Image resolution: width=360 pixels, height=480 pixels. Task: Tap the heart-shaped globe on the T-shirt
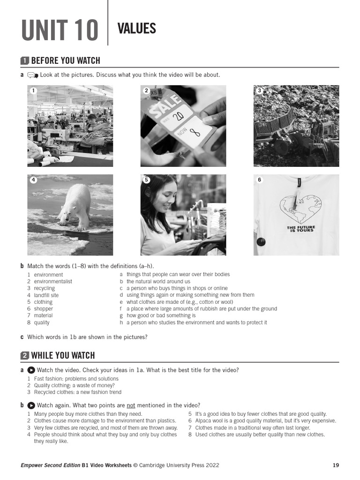300,209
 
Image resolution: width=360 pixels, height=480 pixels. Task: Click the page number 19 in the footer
336,465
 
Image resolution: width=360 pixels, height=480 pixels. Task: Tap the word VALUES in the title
136,29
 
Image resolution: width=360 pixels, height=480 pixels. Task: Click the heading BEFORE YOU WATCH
66,60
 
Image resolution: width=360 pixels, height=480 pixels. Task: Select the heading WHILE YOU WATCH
63,355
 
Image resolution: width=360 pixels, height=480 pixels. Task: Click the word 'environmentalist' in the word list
53,282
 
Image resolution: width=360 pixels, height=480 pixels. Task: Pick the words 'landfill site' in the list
46,295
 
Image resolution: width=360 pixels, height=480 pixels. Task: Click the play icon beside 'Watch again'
31,405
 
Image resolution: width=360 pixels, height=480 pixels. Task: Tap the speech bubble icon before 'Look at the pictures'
33,75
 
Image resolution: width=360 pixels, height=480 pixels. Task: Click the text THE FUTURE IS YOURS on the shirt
300,229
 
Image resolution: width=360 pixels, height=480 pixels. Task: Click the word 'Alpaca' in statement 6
203,421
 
